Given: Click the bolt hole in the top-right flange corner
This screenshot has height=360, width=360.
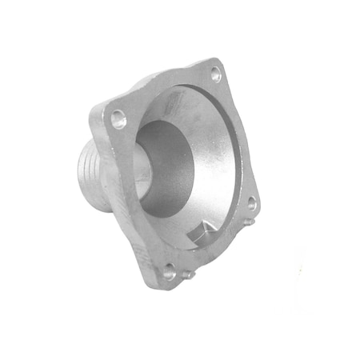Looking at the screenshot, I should (215, 74).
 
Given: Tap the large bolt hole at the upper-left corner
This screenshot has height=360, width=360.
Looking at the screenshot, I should (119, 121).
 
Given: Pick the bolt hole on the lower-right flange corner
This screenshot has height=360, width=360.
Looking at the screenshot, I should (251, 204).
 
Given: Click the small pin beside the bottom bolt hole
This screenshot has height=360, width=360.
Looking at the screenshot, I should (186, 275).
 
